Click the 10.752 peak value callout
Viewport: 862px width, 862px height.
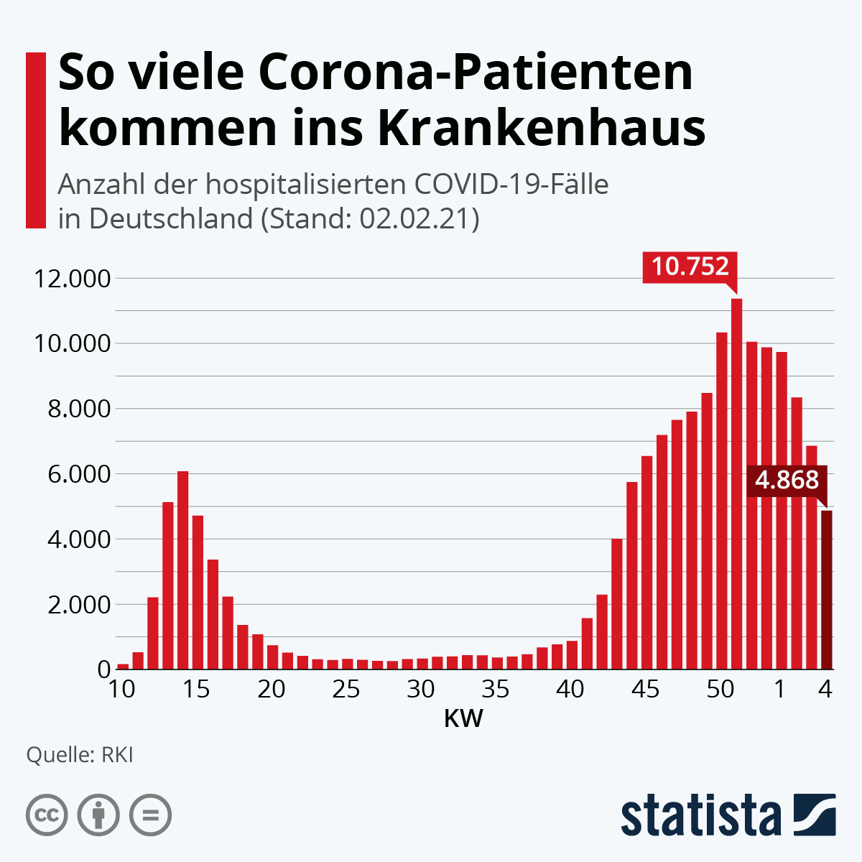(x=690, y=267)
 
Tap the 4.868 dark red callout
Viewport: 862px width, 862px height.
(x=787, y=480)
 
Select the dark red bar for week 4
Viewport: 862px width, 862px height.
(x=826, y=589)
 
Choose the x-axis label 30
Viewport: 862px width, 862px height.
(x=421, y=690)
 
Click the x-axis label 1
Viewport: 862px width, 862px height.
(x=780, y=690)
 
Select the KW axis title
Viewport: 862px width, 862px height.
(x=463, y=718)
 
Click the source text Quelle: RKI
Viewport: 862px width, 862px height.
(x=79, y=756)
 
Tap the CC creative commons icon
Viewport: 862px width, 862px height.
(x=47, y=815)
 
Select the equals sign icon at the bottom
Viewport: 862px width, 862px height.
(x=150, y=815)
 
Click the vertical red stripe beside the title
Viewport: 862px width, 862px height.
(x=35, y=140)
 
